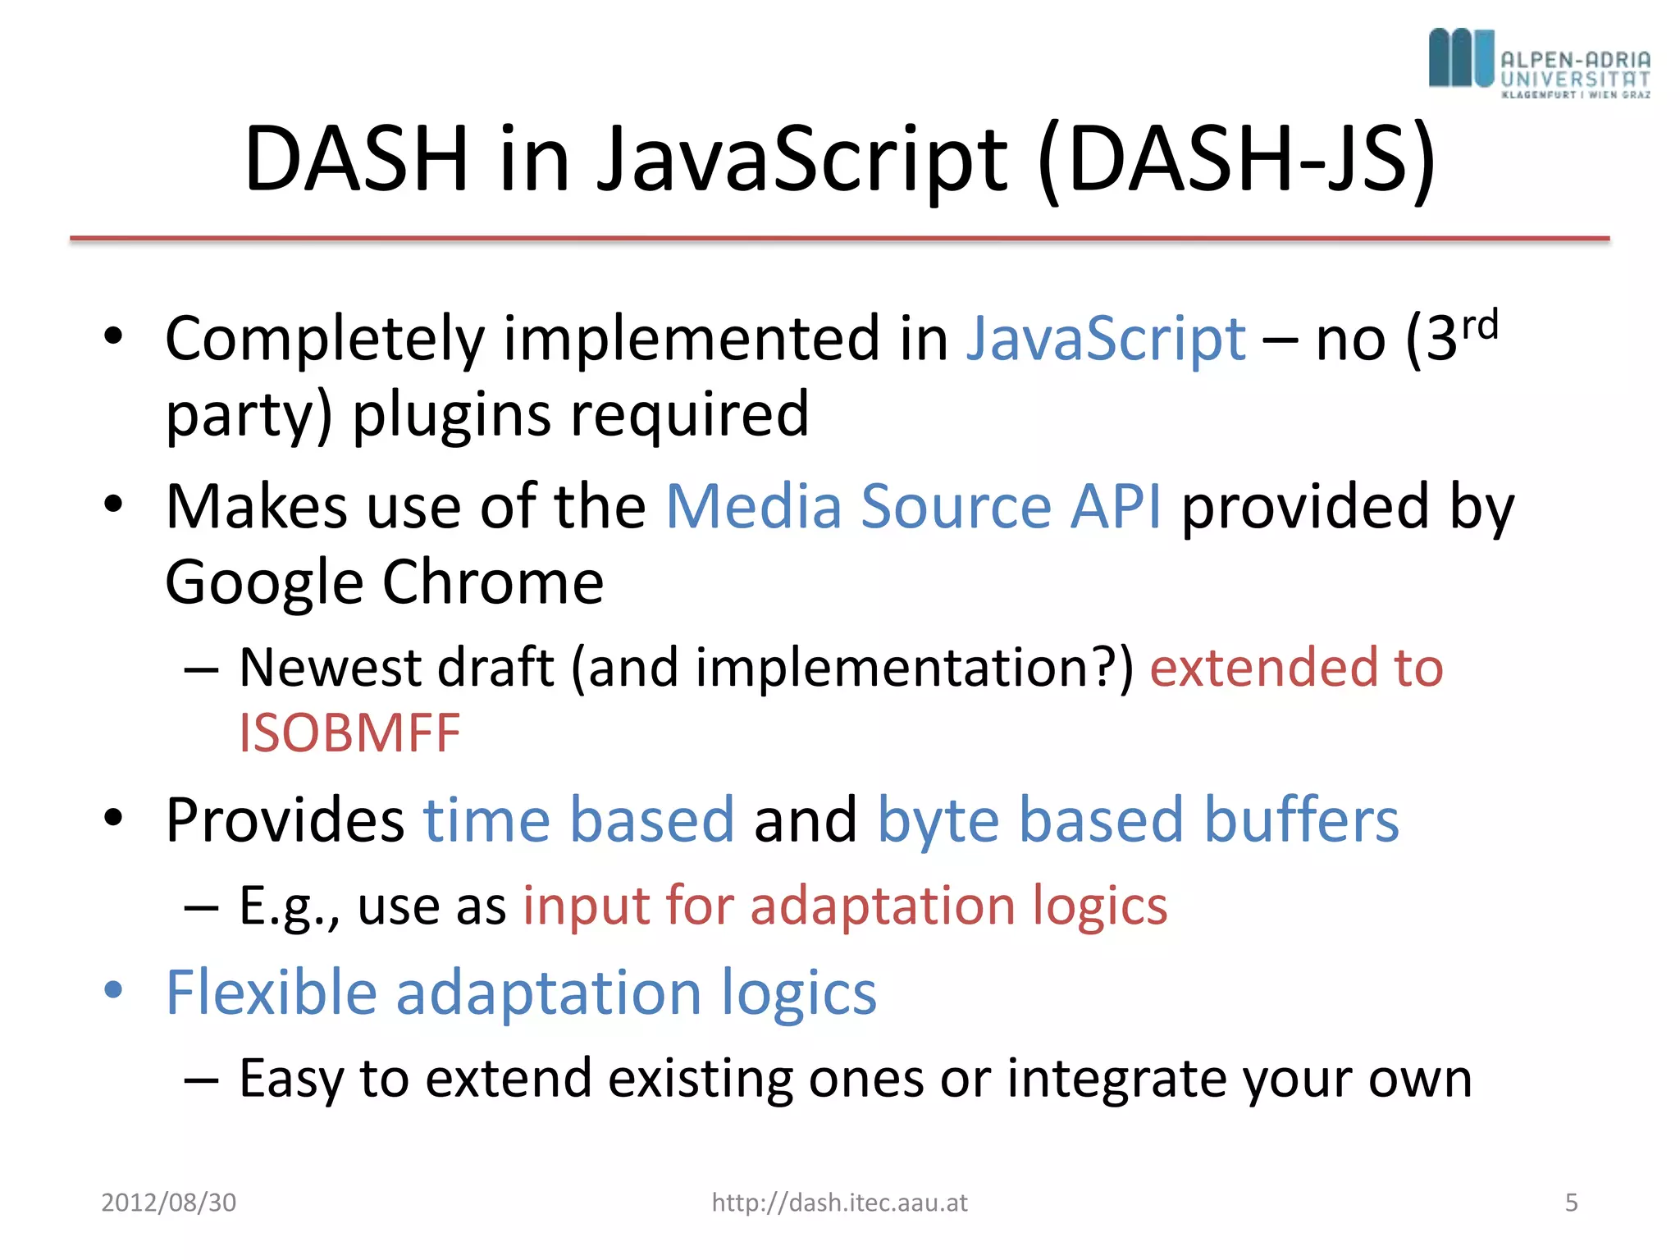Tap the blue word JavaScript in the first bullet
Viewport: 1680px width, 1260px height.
[1106, 338]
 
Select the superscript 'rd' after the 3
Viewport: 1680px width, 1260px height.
[1480, 326]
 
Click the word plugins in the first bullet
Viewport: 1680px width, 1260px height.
[452, 415]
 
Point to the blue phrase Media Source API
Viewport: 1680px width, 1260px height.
[913, 506]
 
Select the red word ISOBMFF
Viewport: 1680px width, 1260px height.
[349, 733]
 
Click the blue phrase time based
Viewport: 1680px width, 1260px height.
[578, 819]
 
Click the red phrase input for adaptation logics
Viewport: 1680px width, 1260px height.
[845, 906]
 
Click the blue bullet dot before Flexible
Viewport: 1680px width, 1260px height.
[113, 989]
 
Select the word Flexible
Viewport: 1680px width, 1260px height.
[271, 992]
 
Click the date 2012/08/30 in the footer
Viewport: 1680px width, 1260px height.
[168, 1203]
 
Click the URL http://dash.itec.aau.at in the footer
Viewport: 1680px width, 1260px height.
[839, 1203]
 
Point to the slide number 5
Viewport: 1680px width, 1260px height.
[1571, 1203]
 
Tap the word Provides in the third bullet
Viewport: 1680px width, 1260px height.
[285, 819]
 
